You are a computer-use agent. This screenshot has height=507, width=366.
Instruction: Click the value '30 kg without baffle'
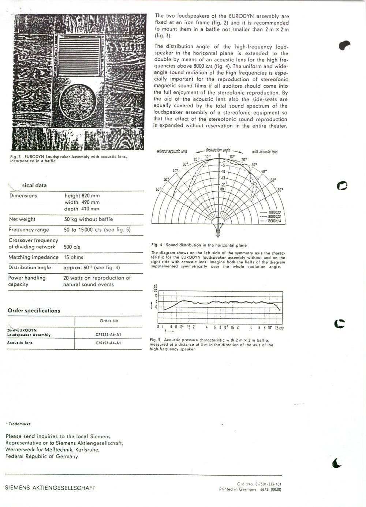[x=89, y=219]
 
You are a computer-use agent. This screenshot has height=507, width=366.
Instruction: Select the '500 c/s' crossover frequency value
[x=72, y=247]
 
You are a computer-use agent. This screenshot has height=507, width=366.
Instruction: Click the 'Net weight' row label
[x=22, y=219]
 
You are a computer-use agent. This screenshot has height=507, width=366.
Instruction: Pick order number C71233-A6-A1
[x=108, y=334]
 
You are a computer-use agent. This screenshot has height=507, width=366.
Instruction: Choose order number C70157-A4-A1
[x=108, y=343]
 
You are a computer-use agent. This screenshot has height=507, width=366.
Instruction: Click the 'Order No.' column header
[x=109, y=321]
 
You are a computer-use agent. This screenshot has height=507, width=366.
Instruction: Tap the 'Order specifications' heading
[x=34, y=311]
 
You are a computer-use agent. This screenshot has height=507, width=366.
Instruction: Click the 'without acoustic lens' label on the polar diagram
[x=172, y=151]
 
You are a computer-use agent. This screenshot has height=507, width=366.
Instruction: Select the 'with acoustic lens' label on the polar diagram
[x=265, y=152]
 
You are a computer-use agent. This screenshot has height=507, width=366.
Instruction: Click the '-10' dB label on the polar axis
[x=223, y=172]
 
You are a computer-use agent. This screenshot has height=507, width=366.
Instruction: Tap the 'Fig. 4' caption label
[x=157, y=245]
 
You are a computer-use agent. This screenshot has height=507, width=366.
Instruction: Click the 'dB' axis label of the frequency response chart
[x=155, y=286]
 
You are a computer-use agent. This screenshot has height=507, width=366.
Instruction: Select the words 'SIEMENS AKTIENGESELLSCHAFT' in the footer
[x=50, y=488]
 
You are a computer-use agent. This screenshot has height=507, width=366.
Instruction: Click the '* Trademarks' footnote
[x=18, y=424]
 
